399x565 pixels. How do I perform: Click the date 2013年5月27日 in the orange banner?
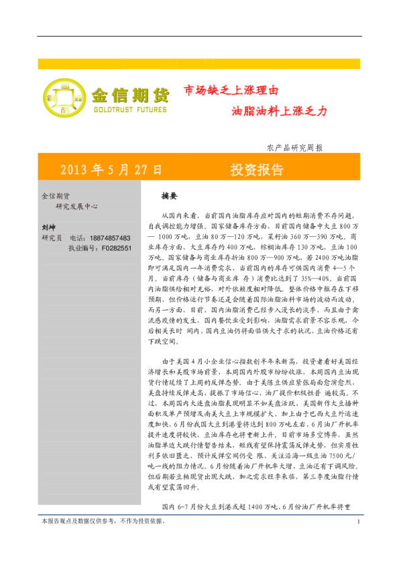tap(111, 169)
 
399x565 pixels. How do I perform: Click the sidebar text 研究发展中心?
tap(76, 207)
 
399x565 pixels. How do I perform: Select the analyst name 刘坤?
tap(48, 227)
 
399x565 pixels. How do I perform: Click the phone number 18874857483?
tap(107, 238)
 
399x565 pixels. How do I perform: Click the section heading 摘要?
tap(169, 197)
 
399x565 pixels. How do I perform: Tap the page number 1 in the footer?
tap(359, 541)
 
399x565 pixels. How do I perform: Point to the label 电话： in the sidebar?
tap(76, 238)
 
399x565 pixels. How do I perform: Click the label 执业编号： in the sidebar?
tap(83, 248)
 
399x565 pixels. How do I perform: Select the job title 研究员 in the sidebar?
tap(51, 238)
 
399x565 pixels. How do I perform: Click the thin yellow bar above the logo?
tap(199, 64)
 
